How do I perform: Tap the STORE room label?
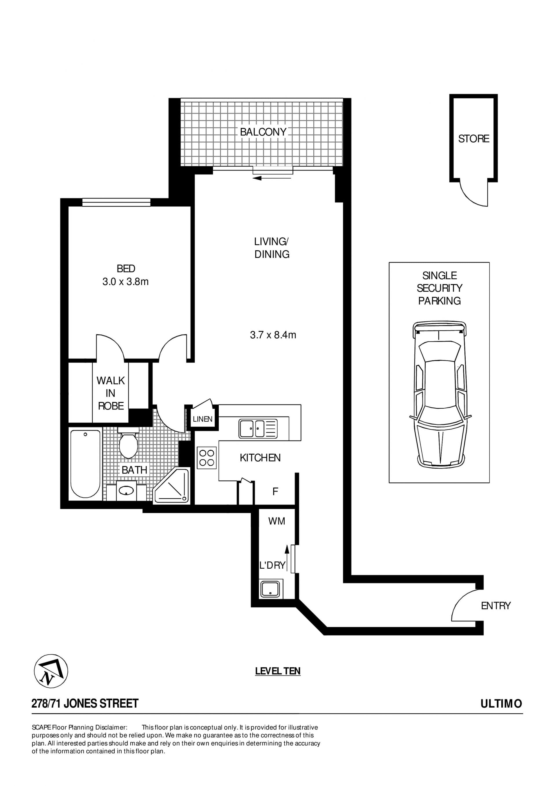[x=473, y=139]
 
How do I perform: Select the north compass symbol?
[x=51, y=671]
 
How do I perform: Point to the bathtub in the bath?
[x=85, y=464]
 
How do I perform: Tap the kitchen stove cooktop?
[x=206, y=458]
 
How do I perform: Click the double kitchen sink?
[x=258, y=429]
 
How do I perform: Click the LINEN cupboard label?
[x=202, y=419]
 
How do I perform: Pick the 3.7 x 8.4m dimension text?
[x=273, y=335]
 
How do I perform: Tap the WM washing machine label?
[x=277, y=521]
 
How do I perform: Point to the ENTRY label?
[x=496, y=606]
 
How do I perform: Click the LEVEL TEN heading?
[x=278, y=671]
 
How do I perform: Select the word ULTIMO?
[x=501, y=704]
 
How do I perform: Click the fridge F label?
[x=275, y=492]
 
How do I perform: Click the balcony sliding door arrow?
[x=272, y=178]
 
